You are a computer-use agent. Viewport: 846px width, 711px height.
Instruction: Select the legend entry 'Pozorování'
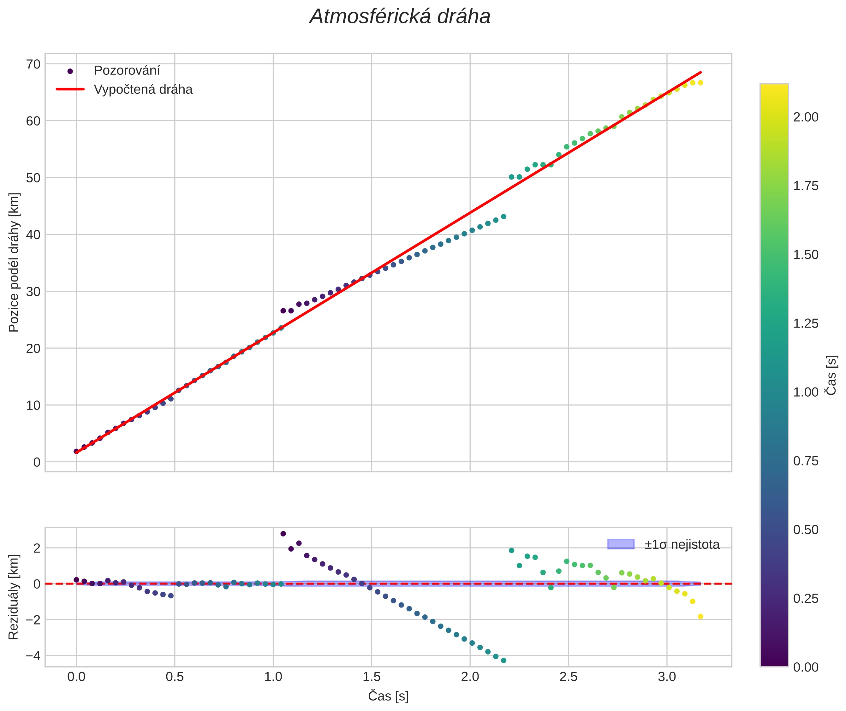pos(127,71)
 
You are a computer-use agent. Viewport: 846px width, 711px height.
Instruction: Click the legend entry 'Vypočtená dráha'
pos(143,90)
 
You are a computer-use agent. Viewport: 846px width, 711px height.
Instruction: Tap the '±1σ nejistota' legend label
pos(682,545)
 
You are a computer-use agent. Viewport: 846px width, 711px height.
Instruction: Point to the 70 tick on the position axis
pos(33,64)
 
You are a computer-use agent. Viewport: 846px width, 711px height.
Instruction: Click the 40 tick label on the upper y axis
pos(33,234)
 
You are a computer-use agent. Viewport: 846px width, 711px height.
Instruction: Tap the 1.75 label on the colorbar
pos(806,186)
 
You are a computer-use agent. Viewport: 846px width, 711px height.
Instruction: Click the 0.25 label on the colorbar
pos(806,599)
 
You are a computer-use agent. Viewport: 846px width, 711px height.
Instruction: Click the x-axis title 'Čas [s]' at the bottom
pos(388,696)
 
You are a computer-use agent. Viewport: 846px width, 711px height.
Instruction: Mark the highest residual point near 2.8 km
pos(283,534)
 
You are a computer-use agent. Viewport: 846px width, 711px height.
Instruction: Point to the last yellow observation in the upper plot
pos(700,83)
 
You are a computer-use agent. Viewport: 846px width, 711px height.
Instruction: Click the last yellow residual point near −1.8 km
pos(700,617)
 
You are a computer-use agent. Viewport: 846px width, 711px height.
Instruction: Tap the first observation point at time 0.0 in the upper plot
pos(76,451)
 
